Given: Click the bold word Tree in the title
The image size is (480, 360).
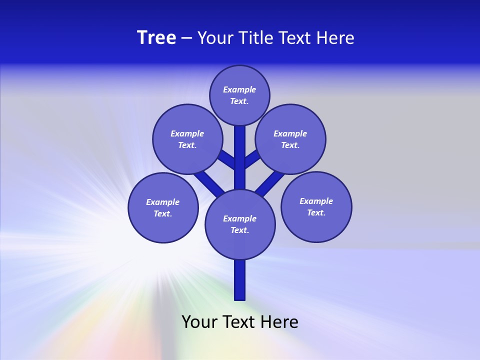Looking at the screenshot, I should tap(156, 37).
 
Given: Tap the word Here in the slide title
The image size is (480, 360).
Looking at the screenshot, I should tap(335, 37).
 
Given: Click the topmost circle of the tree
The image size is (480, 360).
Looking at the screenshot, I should tap(239, 95).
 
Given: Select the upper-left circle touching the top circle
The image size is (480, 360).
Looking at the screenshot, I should tap(187, 139).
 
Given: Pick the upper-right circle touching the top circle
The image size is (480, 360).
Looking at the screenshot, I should tap(290, 139).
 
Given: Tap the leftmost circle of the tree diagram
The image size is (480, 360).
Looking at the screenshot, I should tap(163, 207).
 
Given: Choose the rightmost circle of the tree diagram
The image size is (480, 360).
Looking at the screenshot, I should tap(316, 206).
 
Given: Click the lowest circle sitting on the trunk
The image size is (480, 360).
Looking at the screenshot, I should tap(240, 224).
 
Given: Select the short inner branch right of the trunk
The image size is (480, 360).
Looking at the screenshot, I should tap(252, 158).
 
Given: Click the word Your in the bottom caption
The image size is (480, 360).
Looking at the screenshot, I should tap(199, 322).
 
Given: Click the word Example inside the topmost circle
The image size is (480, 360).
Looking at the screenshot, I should tap(239, 89).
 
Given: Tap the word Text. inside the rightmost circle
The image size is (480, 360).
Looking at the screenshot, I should tap(316, 212).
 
